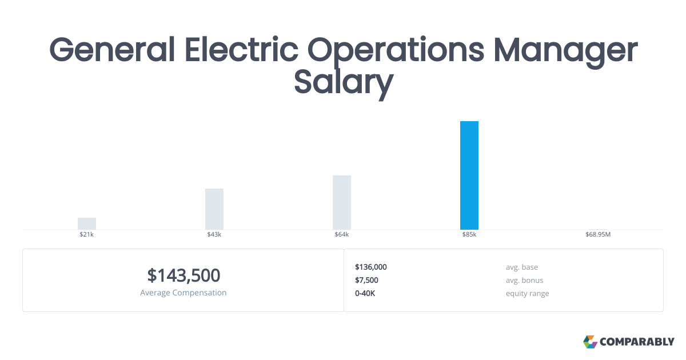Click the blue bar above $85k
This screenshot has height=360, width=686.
[x=469, y=175]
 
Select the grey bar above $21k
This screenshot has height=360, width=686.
[x=87, y=223]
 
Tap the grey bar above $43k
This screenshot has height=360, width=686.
[x=214, y=209]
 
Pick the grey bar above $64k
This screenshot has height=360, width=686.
[x=342, y=202]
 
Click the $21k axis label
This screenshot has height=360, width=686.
[x=87, y=235]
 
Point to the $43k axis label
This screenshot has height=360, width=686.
[x=214, y=235]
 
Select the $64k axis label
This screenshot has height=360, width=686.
[x=342, y=235]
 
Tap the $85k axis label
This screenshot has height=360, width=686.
[x=469, y=235]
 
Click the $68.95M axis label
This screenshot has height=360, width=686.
[x=598, y=235]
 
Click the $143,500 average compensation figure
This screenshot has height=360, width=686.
[x=184, y=275]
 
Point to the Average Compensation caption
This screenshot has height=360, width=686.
[x=184, y=293]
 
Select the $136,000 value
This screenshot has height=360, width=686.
[x=371, y=267]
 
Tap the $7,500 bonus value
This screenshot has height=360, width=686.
[x=366, y=280]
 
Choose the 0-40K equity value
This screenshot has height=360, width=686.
[x=365, y=293]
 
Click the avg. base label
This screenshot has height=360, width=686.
[x=521, y=267]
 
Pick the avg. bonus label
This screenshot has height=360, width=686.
[x=524, y=280]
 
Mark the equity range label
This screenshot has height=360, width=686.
[x=527, y=293]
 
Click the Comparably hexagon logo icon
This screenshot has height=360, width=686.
[x=590, y=342]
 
